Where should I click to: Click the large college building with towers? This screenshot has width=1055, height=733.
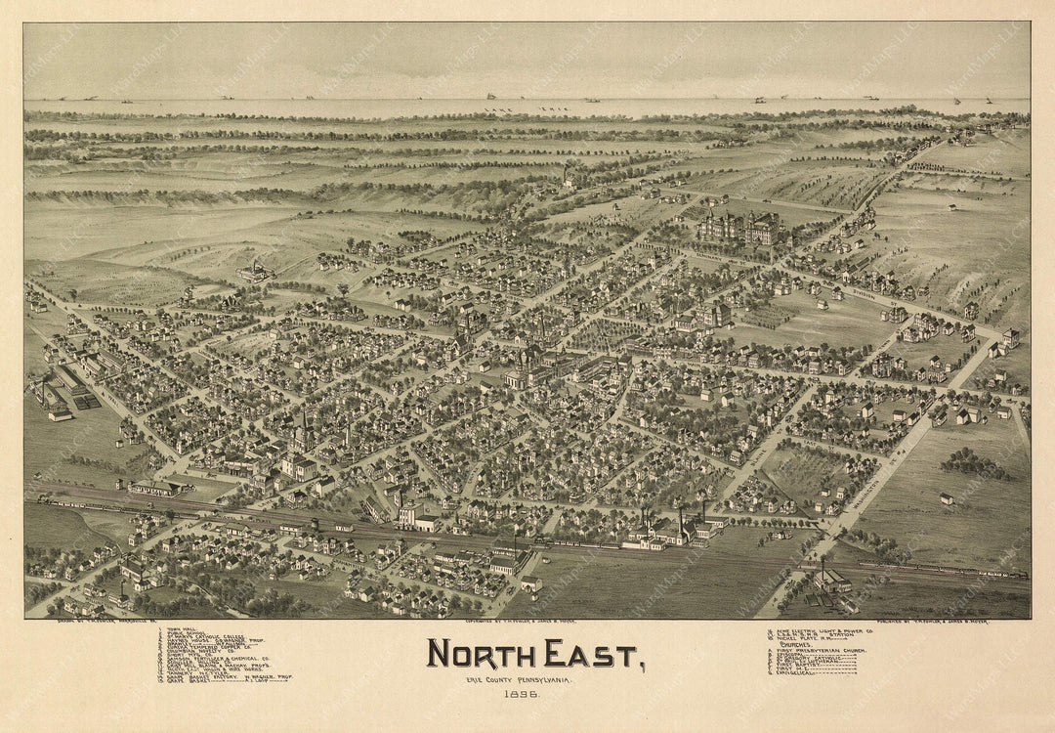point(739,229)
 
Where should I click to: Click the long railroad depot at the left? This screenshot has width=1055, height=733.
point(156,486)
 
